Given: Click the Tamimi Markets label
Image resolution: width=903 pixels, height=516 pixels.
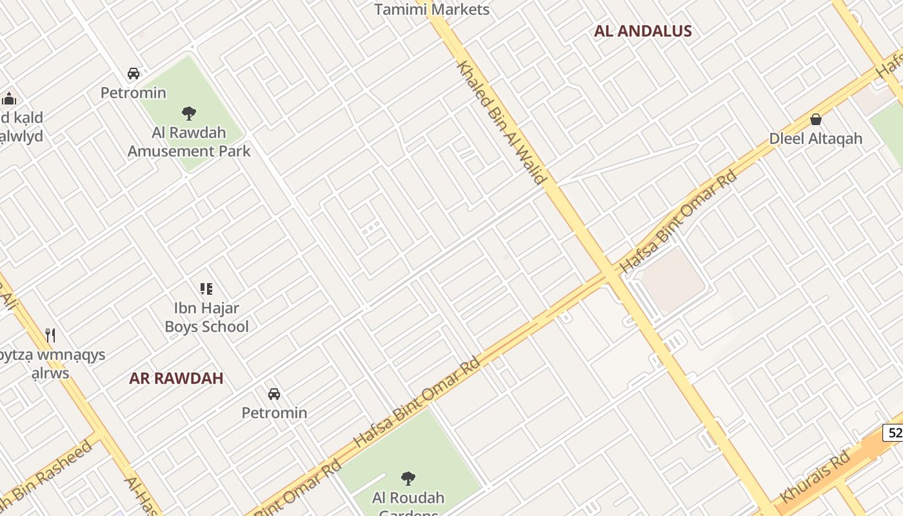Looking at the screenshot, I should point(432,9).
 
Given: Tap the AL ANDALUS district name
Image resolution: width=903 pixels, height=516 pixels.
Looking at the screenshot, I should point(642,31).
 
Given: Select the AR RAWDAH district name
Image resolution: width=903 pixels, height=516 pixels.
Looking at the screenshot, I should point(176,378).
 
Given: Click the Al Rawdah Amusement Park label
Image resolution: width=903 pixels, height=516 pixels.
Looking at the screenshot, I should point(189,142).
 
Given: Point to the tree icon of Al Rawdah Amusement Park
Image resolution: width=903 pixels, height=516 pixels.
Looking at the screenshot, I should point(189,114).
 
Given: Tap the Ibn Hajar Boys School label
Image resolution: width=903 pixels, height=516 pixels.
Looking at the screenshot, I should point(206,317).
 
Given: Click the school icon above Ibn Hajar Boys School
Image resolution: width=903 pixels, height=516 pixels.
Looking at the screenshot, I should point(206,289).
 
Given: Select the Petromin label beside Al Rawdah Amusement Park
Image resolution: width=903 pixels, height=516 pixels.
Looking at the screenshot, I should point(133,93).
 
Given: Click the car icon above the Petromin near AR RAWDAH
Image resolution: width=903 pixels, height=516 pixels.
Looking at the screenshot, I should point(274,393).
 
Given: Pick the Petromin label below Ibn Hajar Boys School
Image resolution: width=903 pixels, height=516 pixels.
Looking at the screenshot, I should point(274,413).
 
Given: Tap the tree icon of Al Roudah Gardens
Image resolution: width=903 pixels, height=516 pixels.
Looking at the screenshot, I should point(408,478).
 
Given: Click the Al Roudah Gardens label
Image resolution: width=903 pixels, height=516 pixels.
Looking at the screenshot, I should point(408,499).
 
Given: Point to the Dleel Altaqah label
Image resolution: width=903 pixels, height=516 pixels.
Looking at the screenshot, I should point(815,139).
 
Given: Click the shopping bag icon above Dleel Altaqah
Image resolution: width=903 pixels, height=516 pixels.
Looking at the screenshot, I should point(815,119).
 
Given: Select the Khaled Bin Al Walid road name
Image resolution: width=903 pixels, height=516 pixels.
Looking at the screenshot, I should point(502,123).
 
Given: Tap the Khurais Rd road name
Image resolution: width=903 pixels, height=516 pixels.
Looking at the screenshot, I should point(815,478).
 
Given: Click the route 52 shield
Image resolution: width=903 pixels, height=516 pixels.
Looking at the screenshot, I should point(894,432).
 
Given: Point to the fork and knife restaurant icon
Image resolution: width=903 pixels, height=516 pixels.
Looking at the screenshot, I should point(50,335).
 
